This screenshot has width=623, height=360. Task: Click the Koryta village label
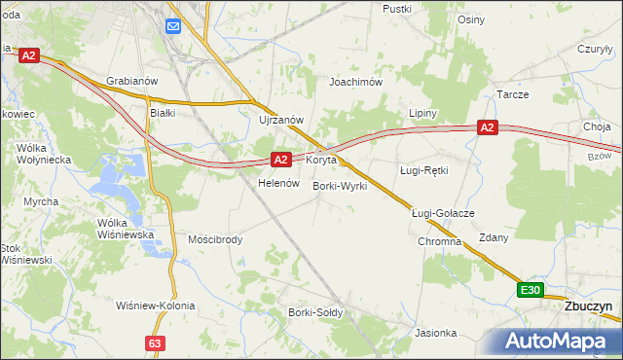coord(321,159)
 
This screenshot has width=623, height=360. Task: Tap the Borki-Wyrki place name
coord(339,186)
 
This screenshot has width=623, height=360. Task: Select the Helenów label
coord(276,183)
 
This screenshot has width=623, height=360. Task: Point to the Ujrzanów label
coord(282,120)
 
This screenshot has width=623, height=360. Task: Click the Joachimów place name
coord(355,83)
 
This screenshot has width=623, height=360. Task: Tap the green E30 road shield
coord(530,290)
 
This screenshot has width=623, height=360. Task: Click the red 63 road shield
coord(156,343)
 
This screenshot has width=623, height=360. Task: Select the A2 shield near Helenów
coord(280,159)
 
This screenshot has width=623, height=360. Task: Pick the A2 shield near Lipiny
coord(488,127)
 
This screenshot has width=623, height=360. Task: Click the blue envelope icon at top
coord(173,26)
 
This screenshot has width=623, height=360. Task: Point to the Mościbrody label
coord(215,239)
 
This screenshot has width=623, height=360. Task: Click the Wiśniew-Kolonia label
coord(155,306)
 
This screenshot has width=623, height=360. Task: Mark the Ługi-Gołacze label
coord(442,213)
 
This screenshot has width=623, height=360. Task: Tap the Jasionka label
coord(435,333)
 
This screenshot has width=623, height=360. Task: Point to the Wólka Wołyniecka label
coord(38,153)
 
